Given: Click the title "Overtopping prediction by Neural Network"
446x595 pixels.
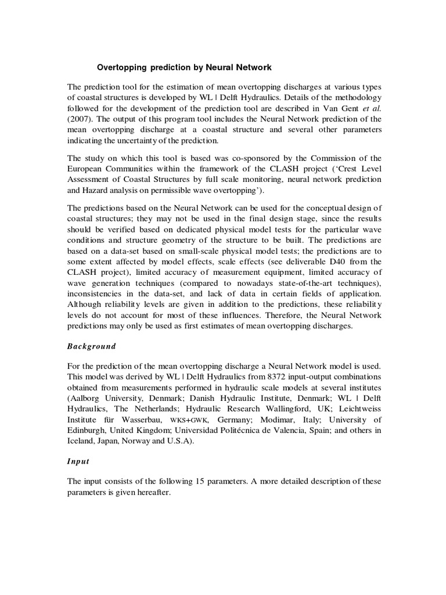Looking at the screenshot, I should point(184,67).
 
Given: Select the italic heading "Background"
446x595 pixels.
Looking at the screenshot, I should point(92,346).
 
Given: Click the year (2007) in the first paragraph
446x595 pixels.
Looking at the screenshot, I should point(81,120).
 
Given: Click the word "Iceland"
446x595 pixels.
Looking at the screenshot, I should point(83,441).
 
